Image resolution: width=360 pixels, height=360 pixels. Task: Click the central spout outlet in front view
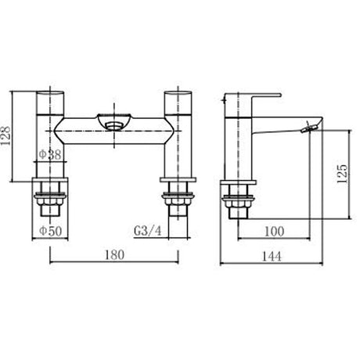114,121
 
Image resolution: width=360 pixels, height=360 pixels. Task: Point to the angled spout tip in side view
311,125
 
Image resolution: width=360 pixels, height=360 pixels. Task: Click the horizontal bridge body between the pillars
115,133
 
